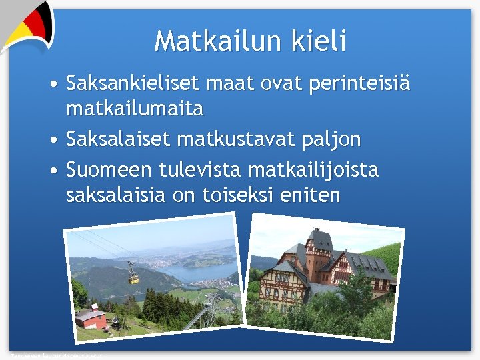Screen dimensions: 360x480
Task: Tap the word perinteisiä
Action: click(x=357, y=85)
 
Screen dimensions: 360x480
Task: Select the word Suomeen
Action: click(x=109, y=171)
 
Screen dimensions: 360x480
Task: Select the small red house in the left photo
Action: click(x=91, y=319)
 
